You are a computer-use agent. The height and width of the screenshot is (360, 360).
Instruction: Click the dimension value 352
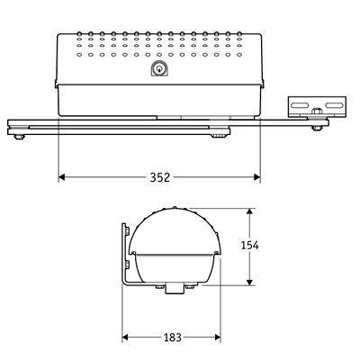tap(159, 177)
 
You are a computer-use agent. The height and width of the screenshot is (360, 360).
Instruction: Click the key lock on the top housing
tap(159, 69)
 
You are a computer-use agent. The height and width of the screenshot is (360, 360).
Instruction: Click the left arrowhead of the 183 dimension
tap(126, 337)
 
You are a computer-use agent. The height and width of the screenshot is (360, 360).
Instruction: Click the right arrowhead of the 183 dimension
tap(219, 337)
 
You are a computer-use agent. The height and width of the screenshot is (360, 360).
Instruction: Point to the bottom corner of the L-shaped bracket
tap(123, 285)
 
